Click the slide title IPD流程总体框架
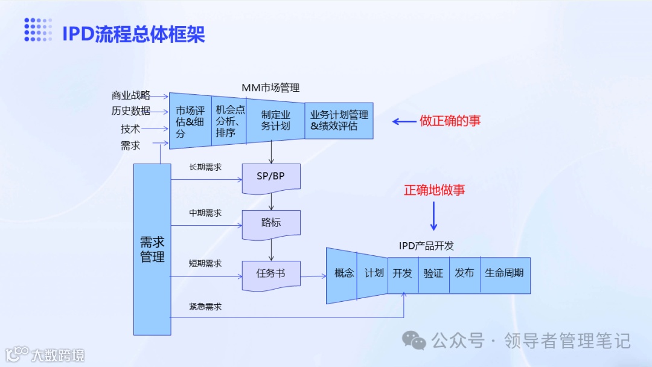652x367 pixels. coord(133,34)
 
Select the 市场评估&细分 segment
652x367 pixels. coord(190,122)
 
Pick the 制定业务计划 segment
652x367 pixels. coord(275,120)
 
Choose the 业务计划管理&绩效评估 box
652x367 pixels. coord(339,120)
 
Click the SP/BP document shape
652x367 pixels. coord(270,177)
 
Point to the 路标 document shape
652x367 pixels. coord(270,222)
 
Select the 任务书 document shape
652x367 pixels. coord(270,274)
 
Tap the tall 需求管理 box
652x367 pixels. coord(152,249)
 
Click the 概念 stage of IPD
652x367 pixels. coord(343,273)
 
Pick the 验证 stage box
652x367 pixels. coord(433,273)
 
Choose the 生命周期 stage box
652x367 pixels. coord(505,273)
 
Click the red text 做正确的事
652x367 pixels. coord(450,121)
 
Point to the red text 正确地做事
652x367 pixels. coord(435,190)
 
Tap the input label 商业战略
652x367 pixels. coord(130,95)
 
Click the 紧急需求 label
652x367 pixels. coord(205,307)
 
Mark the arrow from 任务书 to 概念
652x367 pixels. coord(313,276)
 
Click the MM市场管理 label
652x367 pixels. coord(270,88)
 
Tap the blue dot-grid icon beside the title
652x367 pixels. coord(38,30)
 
